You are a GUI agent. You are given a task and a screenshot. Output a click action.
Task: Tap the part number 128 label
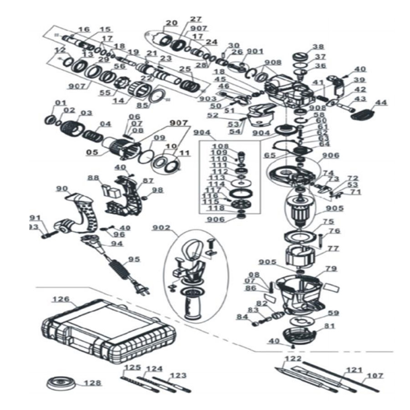click(x=93, y=383)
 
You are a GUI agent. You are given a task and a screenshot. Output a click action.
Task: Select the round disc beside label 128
click(x=62, y=384)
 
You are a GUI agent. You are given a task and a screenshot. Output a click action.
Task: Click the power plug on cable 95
click(x=142, y=289)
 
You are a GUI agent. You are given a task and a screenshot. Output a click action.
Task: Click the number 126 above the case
click(x=61, y=299)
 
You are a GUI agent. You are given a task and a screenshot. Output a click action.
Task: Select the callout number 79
click(x=331, y=269)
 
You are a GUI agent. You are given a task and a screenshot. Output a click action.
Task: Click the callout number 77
click(x=333, y=248)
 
